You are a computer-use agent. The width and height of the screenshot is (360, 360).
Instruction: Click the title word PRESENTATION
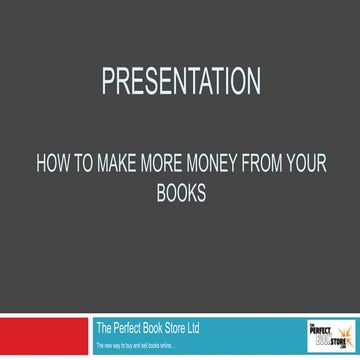(180, 79)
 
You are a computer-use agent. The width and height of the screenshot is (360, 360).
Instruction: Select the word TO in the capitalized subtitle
(108, 167)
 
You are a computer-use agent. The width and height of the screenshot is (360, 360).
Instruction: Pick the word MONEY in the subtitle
(229, 167)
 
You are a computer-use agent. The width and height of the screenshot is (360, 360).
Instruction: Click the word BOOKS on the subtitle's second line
(181, 192)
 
